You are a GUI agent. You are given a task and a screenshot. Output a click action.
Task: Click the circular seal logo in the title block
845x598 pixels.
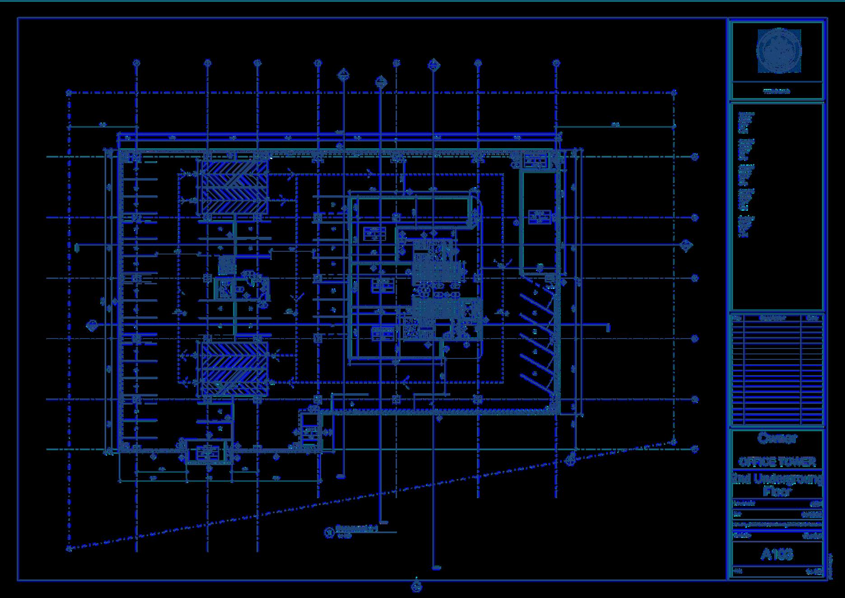(779, 51)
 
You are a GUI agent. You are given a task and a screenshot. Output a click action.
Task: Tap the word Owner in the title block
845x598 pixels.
(777, 438)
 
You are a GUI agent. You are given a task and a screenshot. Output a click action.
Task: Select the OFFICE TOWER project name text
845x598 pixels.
(777, 461)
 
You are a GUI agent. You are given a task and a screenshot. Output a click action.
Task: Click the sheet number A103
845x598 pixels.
(777, 554)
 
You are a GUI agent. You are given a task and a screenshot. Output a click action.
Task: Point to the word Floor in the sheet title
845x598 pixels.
(777, 491)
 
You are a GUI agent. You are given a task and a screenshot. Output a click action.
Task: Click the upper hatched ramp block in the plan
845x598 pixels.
(234, 188)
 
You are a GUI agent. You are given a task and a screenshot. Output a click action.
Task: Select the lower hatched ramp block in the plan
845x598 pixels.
(234, 368)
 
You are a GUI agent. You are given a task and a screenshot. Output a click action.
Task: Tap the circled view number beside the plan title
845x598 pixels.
(329, 532)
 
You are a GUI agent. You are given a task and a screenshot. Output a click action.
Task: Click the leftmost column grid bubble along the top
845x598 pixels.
(137, 63)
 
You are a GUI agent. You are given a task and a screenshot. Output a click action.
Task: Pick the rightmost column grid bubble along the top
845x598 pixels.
(556, 63)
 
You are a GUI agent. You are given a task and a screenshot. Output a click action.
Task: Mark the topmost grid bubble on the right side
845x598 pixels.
(695, 157)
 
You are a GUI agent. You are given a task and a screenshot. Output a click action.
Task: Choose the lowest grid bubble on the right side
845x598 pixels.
(695, 449)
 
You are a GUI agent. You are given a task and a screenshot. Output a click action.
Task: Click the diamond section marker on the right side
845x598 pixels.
(686, 246)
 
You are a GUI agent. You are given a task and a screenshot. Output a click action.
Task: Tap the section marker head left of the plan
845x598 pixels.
(92, 325)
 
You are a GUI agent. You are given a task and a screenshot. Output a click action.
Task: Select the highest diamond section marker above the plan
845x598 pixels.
(434, 65)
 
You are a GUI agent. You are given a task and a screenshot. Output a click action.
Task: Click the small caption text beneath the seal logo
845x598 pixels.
(777, 91)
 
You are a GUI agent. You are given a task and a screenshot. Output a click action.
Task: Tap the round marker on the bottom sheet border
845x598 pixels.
(416, 587)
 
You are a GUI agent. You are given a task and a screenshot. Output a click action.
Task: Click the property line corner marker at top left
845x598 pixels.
(69, 93)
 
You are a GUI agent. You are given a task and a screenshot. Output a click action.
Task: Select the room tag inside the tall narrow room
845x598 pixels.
(540, 217)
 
